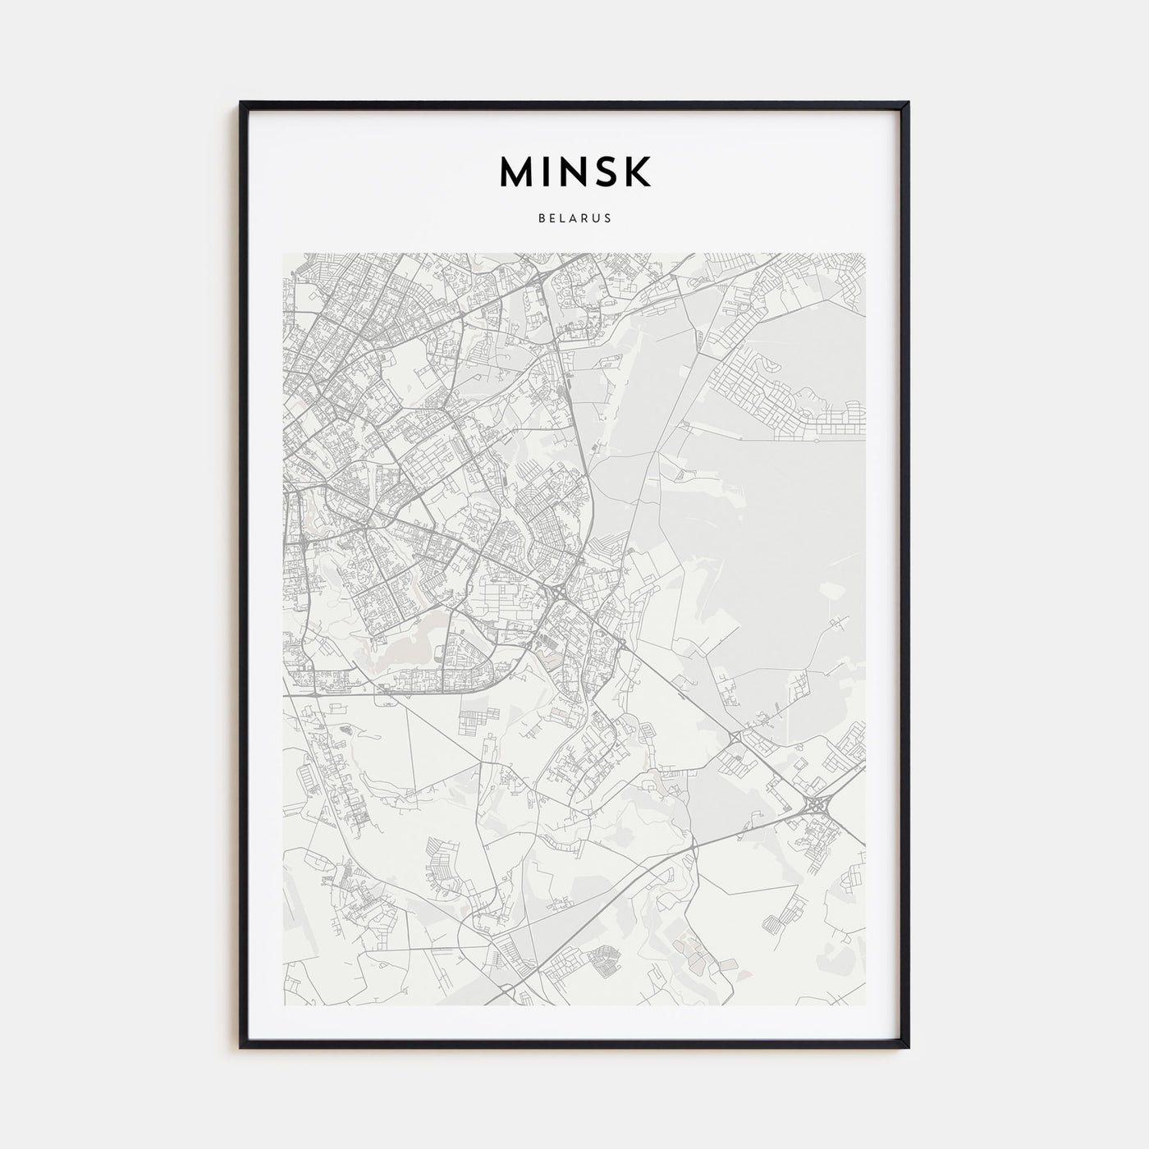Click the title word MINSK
coord(574,172)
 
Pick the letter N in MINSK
coord(572,172)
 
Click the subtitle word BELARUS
coord(574,219)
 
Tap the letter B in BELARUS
coord(542,219)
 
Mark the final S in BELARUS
coord(607,219)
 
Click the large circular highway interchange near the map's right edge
coord(817,806)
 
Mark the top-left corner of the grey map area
coord(283,254)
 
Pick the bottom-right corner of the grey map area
coord(866,1005)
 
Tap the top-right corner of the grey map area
coord(866,254)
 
